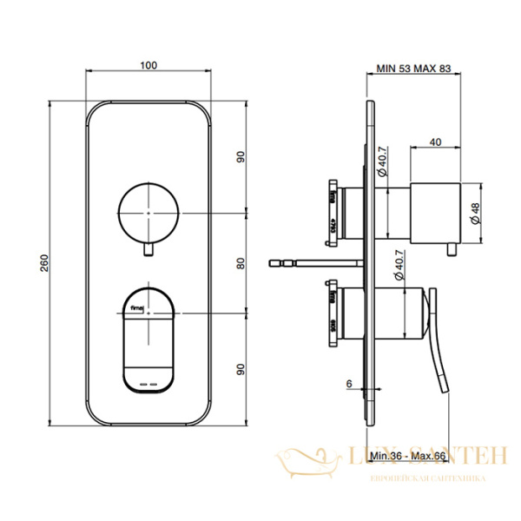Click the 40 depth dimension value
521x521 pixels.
coord(435,141)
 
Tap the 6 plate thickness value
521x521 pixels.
coord(346,383)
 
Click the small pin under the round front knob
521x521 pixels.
coord(148,250)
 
